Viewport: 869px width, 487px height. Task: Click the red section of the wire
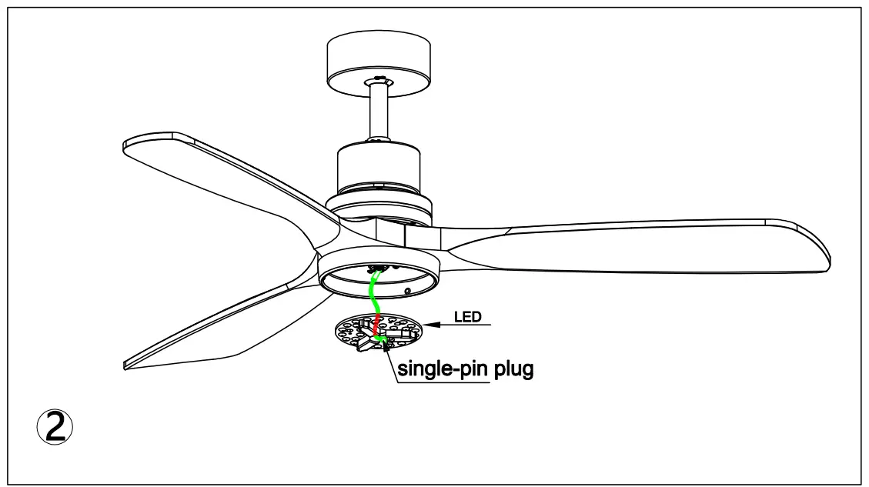pos(376,323)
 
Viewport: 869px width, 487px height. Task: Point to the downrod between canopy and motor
pos(377,112)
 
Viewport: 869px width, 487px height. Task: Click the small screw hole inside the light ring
pos(408,292)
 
